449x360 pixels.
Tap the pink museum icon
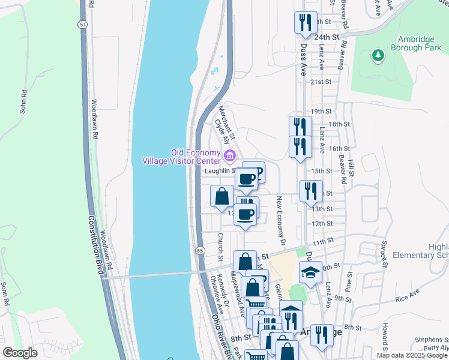point(229,157)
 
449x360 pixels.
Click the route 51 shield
point(82,23)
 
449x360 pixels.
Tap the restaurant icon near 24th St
point(305,23)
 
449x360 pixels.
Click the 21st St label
point(321,82)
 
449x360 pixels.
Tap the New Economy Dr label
point(280,218)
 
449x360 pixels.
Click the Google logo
point(20,353)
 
